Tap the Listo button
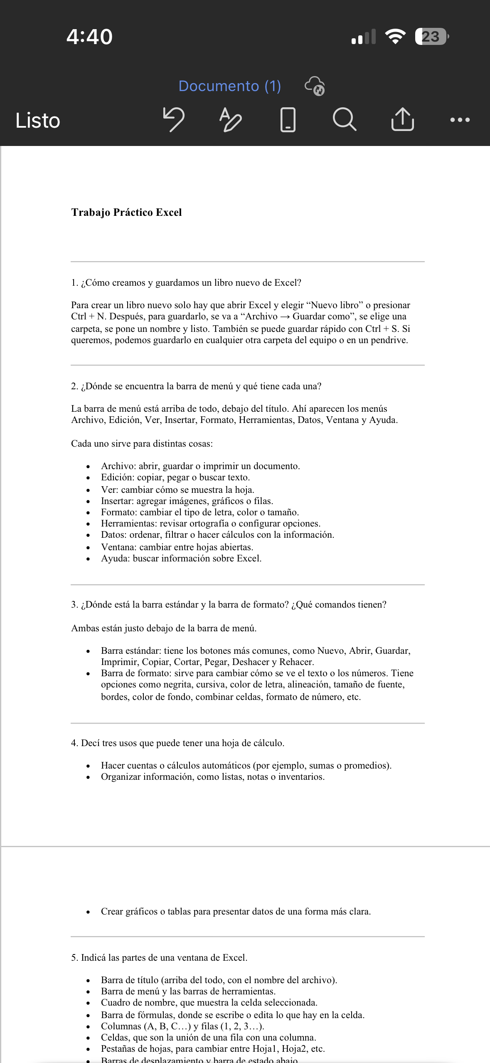pyautogui.click(x=38, y=121)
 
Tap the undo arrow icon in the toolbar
pyautogui.click(x=174, y=119)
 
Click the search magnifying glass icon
pyautogui.click(x=344, y=119)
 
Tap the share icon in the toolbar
pyautogui.click(x=402, y=119)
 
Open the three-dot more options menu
pyautogui.click(x=460, y=120)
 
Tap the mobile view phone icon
pyautogui.click(x=288, y=120)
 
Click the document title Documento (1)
pyautogui.click(x=229, y=86)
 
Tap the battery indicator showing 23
pyautogui.click(x=431, y=37)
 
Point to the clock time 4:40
pyautogui.click(x=89, y=37)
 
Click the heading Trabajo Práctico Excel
pyautogui.click(x=126, y=213)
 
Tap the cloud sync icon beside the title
pyautogui.click(x=315, y=86)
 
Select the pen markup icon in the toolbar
pyautogui.click(x=230, y=120)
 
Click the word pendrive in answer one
pyautogui.click(x=389, y=340)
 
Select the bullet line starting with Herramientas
pyautogui.click(x=210, y=523)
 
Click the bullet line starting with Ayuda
pyautogui.click(x=181, y=558)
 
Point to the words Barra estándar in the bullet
pyautogui.click(x=131, y=650)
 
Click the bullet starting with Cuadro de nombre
pyautogui.click(x=209, y=1002)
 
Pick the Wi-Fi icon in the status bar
pyautogui.click(x=395, y=37)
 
